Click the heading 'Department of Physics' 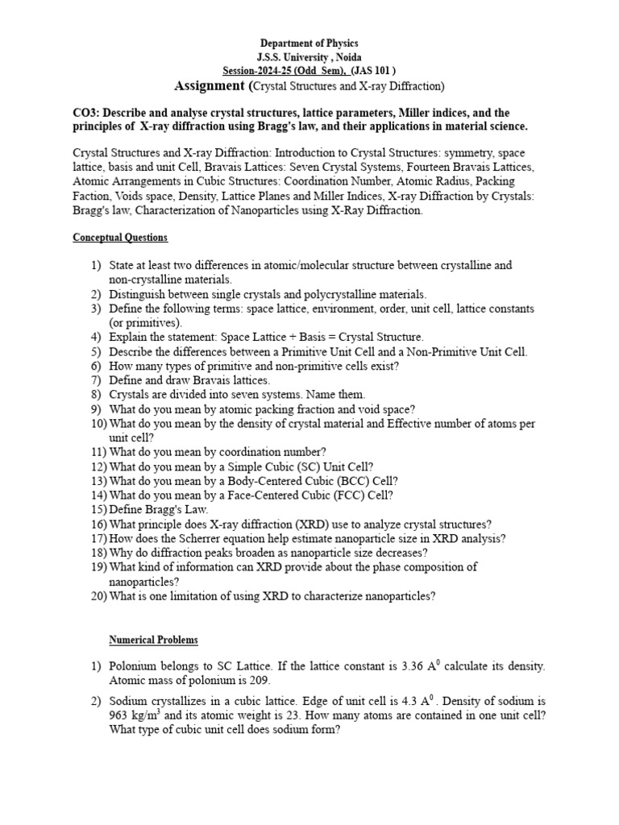[309, 43]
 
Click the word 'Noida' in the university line [345, 56]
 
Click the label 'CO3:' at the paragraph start [87, 113]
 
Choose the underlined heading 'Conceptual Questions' [120, 238]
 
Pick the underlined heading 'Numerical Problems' [153, 640]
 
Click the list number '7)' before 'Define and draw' [96, 380]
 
